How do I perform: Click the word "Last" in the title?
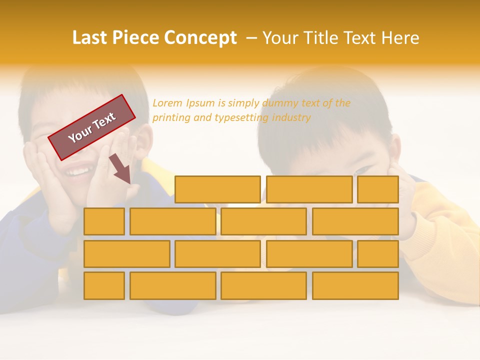pyautogui.click(x=90, y=38)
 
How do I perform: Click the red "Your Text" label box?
pyautogui.click(x=92, y=127)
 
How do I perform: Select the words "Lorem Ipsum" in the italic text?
pyautogui.click(x=183, y=103)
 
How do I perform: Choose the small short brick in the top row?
pyautogui.click(x=378, y=189)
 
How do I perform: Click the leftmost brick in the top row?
pyautogui.click(x=217, y=189)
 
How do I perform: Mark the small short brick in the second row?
pyautogui.click(x=104, y=221)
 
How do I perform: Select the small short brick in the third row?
pyautogui.click(x=378, y=253)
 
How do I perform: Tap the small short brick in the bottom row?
pyautogui.click(x=104, y=285)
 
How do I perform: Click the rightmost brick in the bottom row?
pyautogui.click(x=355, y=285)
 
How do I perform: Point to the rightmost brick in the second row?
pyautogui.click(x=355, y=221)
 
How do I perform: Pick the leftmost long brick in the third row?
pyautogui.click(x=126, y=253)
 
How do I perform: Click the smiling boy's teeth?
pyautogui.click(x=77, y=172)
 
